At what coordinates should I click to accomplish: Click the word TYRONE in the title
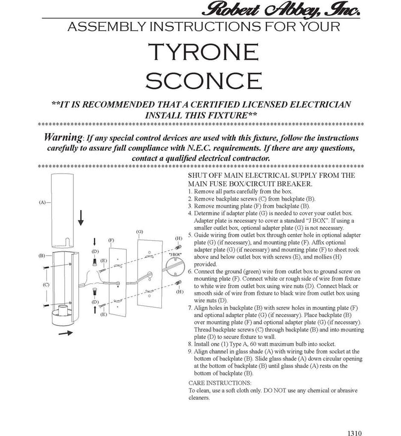coord(203,52)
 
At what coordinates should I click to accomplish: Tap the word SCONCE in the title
coord(203,81)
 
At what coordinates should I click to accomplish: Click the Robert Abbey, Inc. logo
coord(281,9)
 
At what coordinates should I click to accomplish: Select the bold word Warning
coord(63,137)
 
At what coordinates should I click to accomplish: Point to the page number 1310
coord(354,433)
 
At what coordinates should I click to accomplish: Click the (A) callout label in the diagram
coord(42,203)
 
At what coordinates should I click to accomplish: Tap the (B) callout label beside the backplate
coord(42,256)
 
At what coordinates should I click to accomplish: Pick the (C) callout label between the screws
coord(46,285)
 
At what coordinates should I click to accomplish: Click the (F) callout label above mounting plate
coord(111,240)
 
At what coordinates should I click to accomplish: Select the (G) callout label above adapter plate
coord(140,232)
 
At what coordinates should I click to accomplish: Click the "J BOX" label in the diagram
coord(175,255)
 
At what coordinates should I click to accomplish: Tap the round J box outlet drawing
coord(175,267)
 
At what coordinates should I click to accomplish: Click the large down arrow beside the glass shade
coord(81,218)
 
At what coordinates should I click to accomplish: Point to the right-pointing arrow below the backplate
coord(65,332)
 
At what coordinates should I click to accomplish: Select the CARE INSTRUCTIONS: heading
coord(220,383)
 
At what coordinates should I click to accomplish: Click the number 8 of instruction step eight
coord(190,344)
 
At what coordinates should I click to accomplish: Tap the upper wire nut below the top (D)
coord(95,262)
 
